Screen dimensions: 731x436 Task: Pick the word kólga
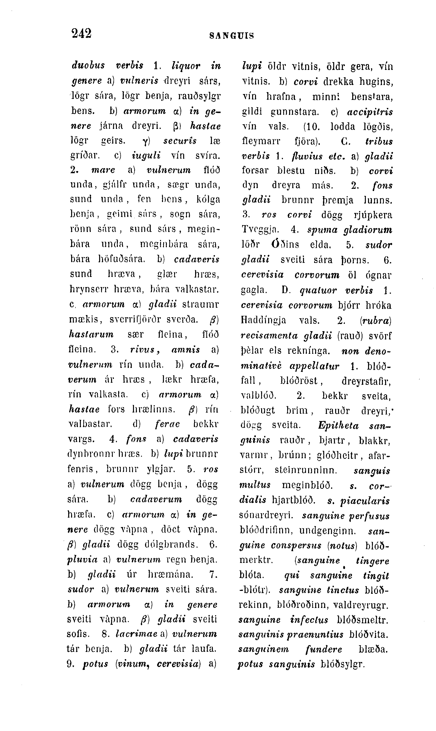tap(208, 200)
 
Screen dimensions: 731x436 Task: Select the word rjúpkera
tap(373, 215)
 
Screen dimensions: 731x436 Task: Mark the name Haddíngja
tap(263, 320)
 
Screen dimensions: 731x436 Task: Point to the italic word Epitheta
tap(338, 426)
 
